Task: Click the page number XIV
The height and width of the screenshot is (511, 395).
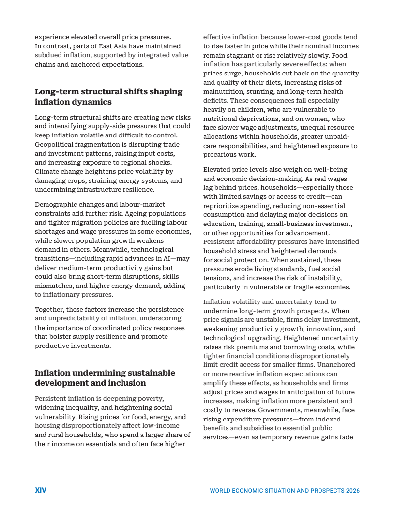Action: coord(41,490)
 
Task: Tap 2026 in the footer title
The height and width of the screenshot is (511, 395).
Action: coord(352,491)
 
